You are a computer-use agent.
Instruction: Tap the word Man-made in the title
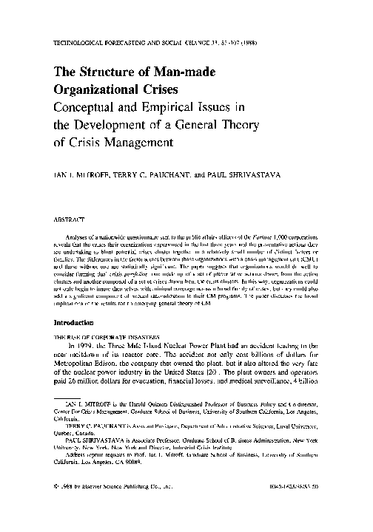tap(200, 71)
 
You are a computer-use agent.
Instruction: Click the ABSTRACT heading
tap(67, 219)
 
